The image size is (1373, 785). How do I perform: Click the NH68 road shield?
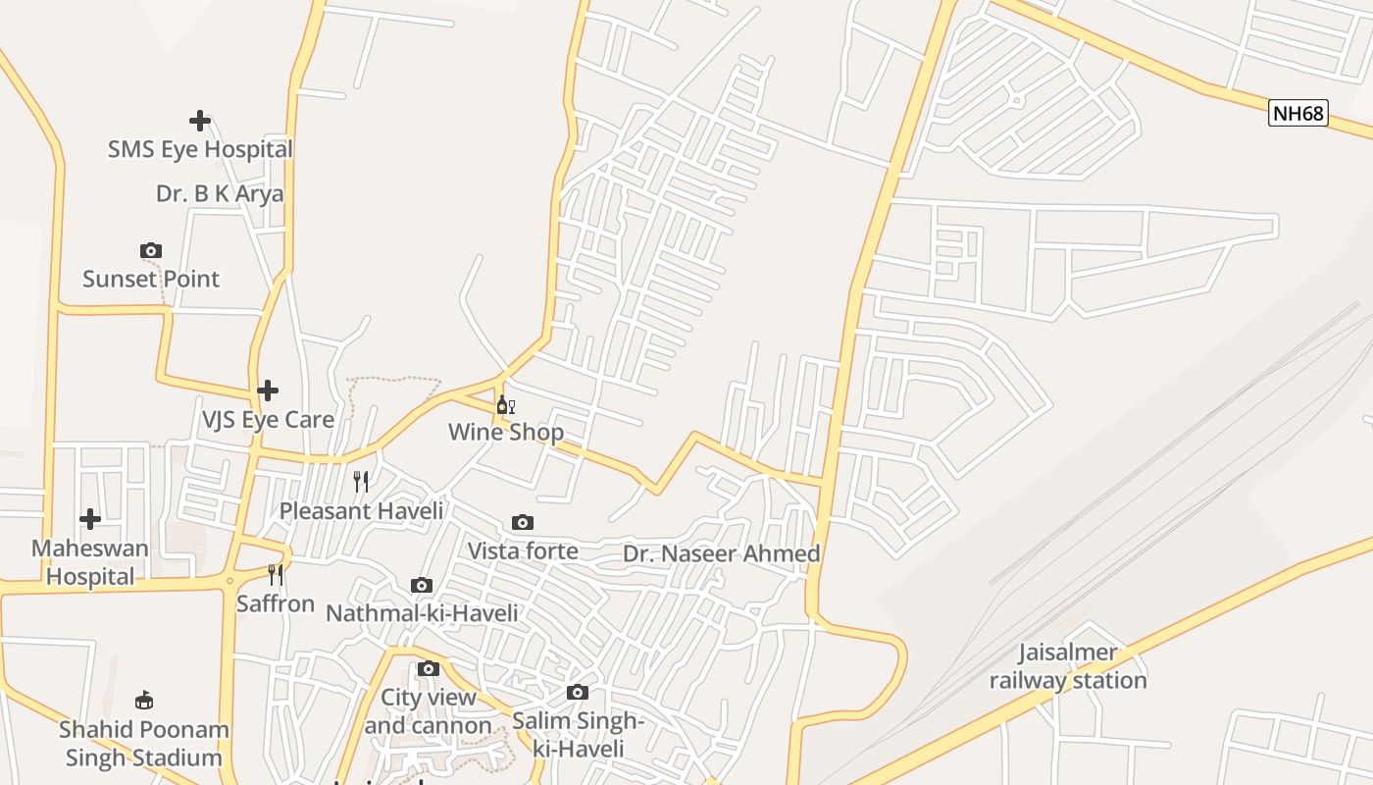click(x=1297, y=113)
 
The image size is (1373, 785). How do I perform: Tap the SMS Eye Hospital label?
click(x=200, y=150)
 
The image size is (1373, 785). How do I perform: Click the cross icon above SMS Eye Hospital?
click(x=200, y=121)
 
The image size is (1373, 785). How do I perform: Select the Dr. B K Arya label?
click(x=220, y=194)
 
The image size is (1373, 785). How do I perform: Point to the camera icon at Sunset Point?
click(x=150, y=251)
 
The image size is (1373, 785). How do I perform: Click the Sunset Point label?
click(x=151, y=279)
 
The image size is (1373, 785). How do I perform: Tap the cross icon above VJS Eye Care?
click(x=268, y=391)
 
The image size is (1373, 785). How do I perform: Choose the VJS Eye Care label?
click(x=268, y=420)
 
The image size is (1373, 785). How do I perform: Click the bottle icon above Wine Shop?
click(x=505, y=404)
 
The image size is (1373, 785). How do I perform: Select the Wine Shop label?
click(x=506, y=433)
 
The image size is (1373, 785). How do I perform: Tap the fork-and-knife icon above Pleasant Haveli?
click(x=361, y=481)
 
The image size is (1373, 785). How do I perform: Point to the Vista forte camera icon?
click(x=523, y=522)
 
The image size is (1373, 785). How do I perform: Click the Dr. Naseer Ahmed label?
click(x=721, y=553)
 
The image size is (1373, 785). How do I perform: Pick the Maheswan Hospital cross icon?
click(x=90, y=518)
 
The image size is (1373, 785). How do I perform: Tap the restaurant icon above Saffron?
click(x=276, y=574)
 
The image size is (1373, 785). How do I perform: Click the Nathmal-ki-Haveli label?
click(x=422, y=613)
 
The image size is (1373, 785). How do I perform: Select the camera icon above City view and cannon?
click(x=429, y=669)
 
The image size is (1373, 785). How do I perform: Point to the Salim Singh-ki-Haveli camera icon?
click(x=578, y=693)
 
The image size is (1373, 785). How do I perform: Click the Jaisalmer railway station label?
click(x=1068, y=666)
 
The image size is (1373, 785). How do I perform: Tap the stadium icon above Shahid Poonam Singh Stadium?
click(x=144, y=700)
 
